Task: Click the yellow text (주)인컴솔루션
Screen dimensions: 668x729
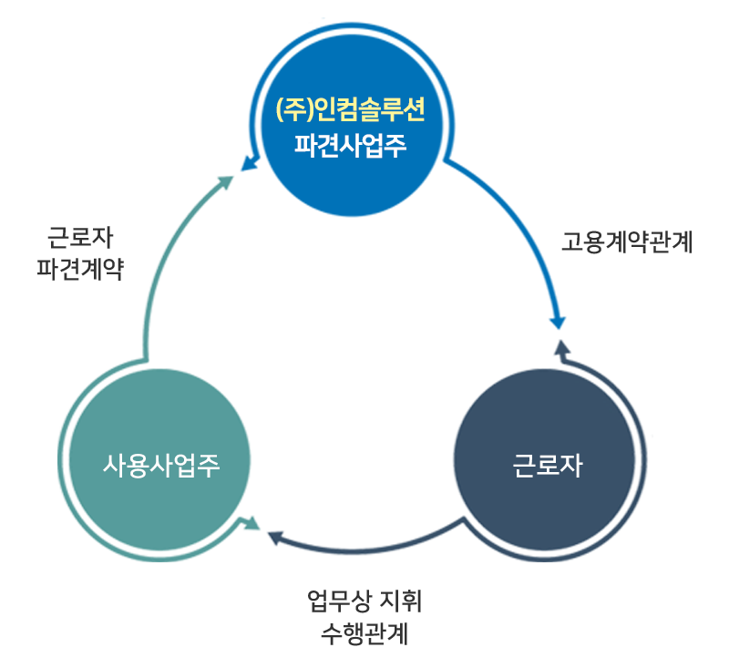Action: [x=351, y=111]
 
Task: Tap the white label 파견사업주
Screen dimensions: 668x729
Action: [x=351, y=145]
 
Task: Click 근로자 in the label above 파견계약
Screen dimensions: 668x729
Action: [x=80, y=240]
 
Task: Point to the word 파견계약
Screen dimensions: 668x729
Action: [x=80, y=269]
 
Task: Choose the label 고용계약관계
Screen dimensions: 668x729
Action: [x=627, y=242]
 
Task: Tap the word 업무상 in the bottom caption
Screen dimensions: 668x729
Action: [x=339, y=601]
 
